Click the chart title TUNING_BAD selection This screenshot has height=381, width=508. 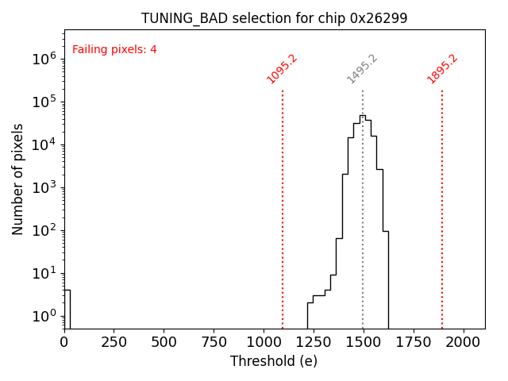coord(274,18)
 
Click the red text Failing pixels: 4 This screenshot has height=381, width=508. coord(114,49)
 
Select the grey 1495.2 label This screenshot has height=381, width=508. coord(362,69)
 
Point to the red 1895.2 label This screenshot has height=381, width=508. coord(442,68)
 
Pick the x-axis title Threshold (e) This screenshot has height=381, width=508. coord(274,361)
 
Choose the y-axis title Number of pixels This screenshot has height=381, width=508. coord(17,179)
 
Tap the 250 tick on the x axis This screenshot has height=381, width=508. coord(114,341)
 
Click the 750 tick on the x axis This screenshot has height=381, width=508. coord(214,341)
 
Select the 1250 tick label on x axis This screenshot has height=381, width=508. coord(314,341)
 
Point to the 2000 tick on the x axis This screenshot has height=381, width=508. coord(463,341)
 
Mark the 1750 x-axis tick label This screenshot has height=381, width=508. coord(413,341)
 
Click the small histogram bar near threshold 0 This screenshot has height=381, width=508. coord(67,309)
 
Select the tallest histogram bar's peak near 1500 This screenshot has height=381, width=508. coord(362,116)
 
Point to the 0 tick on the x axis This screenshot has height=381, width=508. coord(64,341)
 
